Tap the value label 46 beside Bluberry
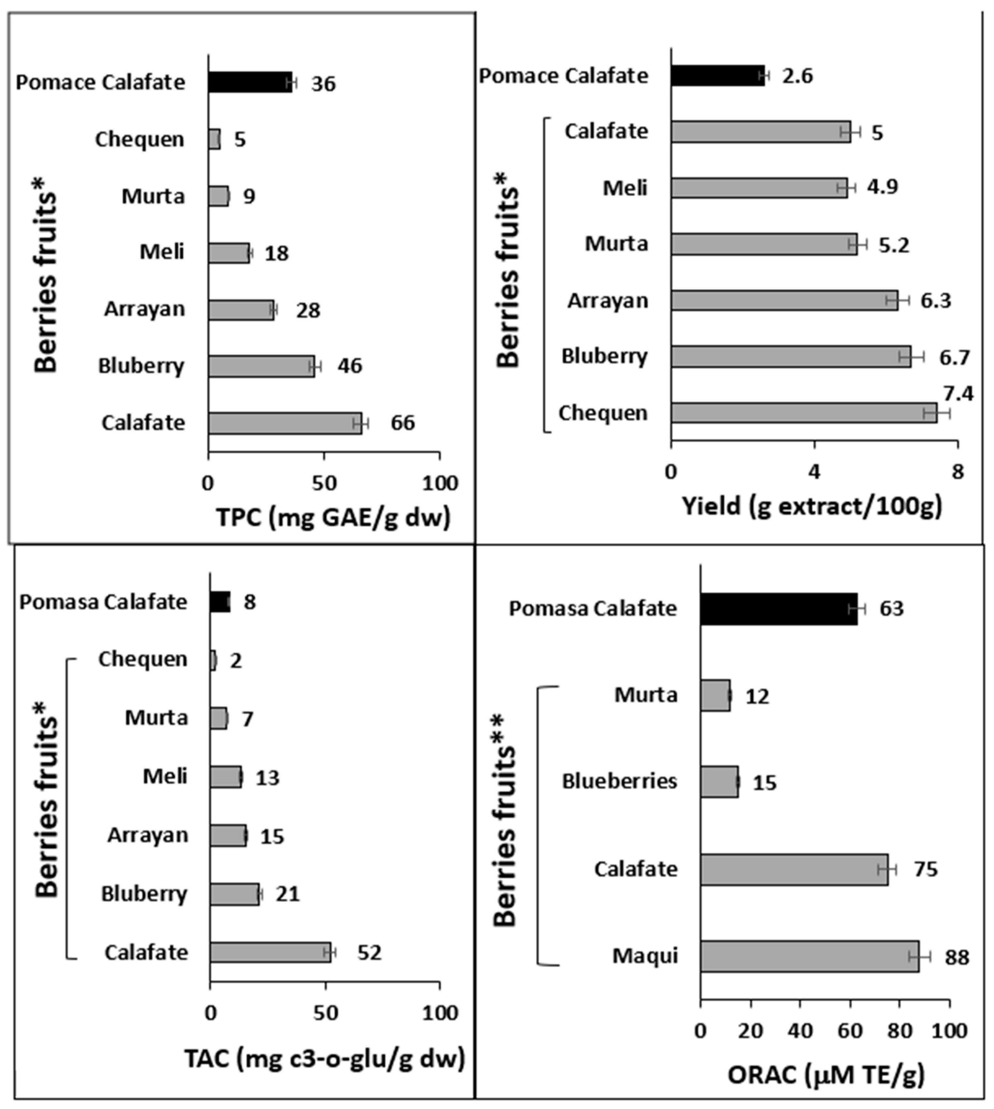click(350, 366)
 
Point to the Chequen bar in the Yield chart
click(803, 413)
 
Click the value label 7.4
click(958, 393)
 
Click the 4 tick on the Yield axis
click(814, 472)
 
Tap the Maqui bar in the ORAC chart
click(809, 956)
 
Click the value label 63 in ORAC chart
click(891, 608)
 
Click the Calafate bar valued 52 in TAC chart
click(270, 952)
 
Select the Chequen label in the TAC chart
click(143, 659)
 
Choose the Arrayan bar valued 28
click(240, 310)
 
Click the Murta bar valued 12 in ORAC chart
click(714, 695)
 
